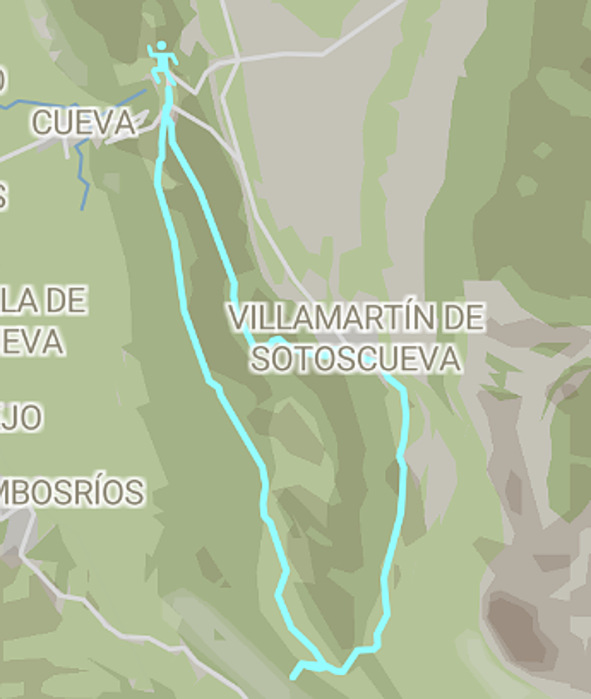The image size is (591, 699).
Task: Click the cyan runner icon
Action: pos(162,63)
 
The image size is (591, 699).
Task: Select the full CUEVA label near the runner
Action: pos(83,122)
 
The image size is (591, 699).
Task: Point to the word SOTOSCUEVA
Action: pos(356,358)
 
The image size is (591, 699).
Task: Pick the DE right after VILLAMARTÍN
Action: pos(464,318)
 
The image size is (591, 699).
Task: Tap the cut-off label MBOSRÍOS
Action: pos(72,492)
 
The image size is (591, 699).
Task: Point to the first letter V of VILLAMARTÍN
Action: pos(239,318)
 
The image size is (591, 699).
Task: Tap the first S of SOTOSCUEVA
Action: pos(261,359)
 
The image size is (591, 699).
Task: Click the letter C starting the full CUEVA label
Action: pos(41,122)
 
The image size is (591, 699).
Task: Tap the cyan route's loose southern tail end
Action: pos(293,677)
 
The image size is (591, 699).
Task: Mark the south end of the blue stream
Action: pos(82,208)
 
